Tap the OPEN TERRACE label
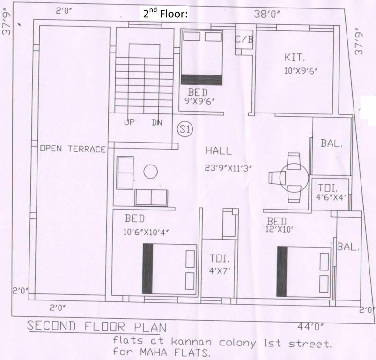pyautogui.click(x=73, y=149)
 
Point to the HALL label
pyautogui.click(x=218, y=151)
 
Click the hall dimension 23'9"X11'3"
pyautogui.click(x=229, y=168)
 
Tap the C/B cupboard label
pyautogui.click(x=244, y=39)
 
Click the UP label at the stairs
pyautogui.click(x=130, y=122)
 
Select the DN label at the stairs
pyautogui.click(x=157, y=122)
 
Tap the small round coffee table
pyautogui.click(x=150, y=172)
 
